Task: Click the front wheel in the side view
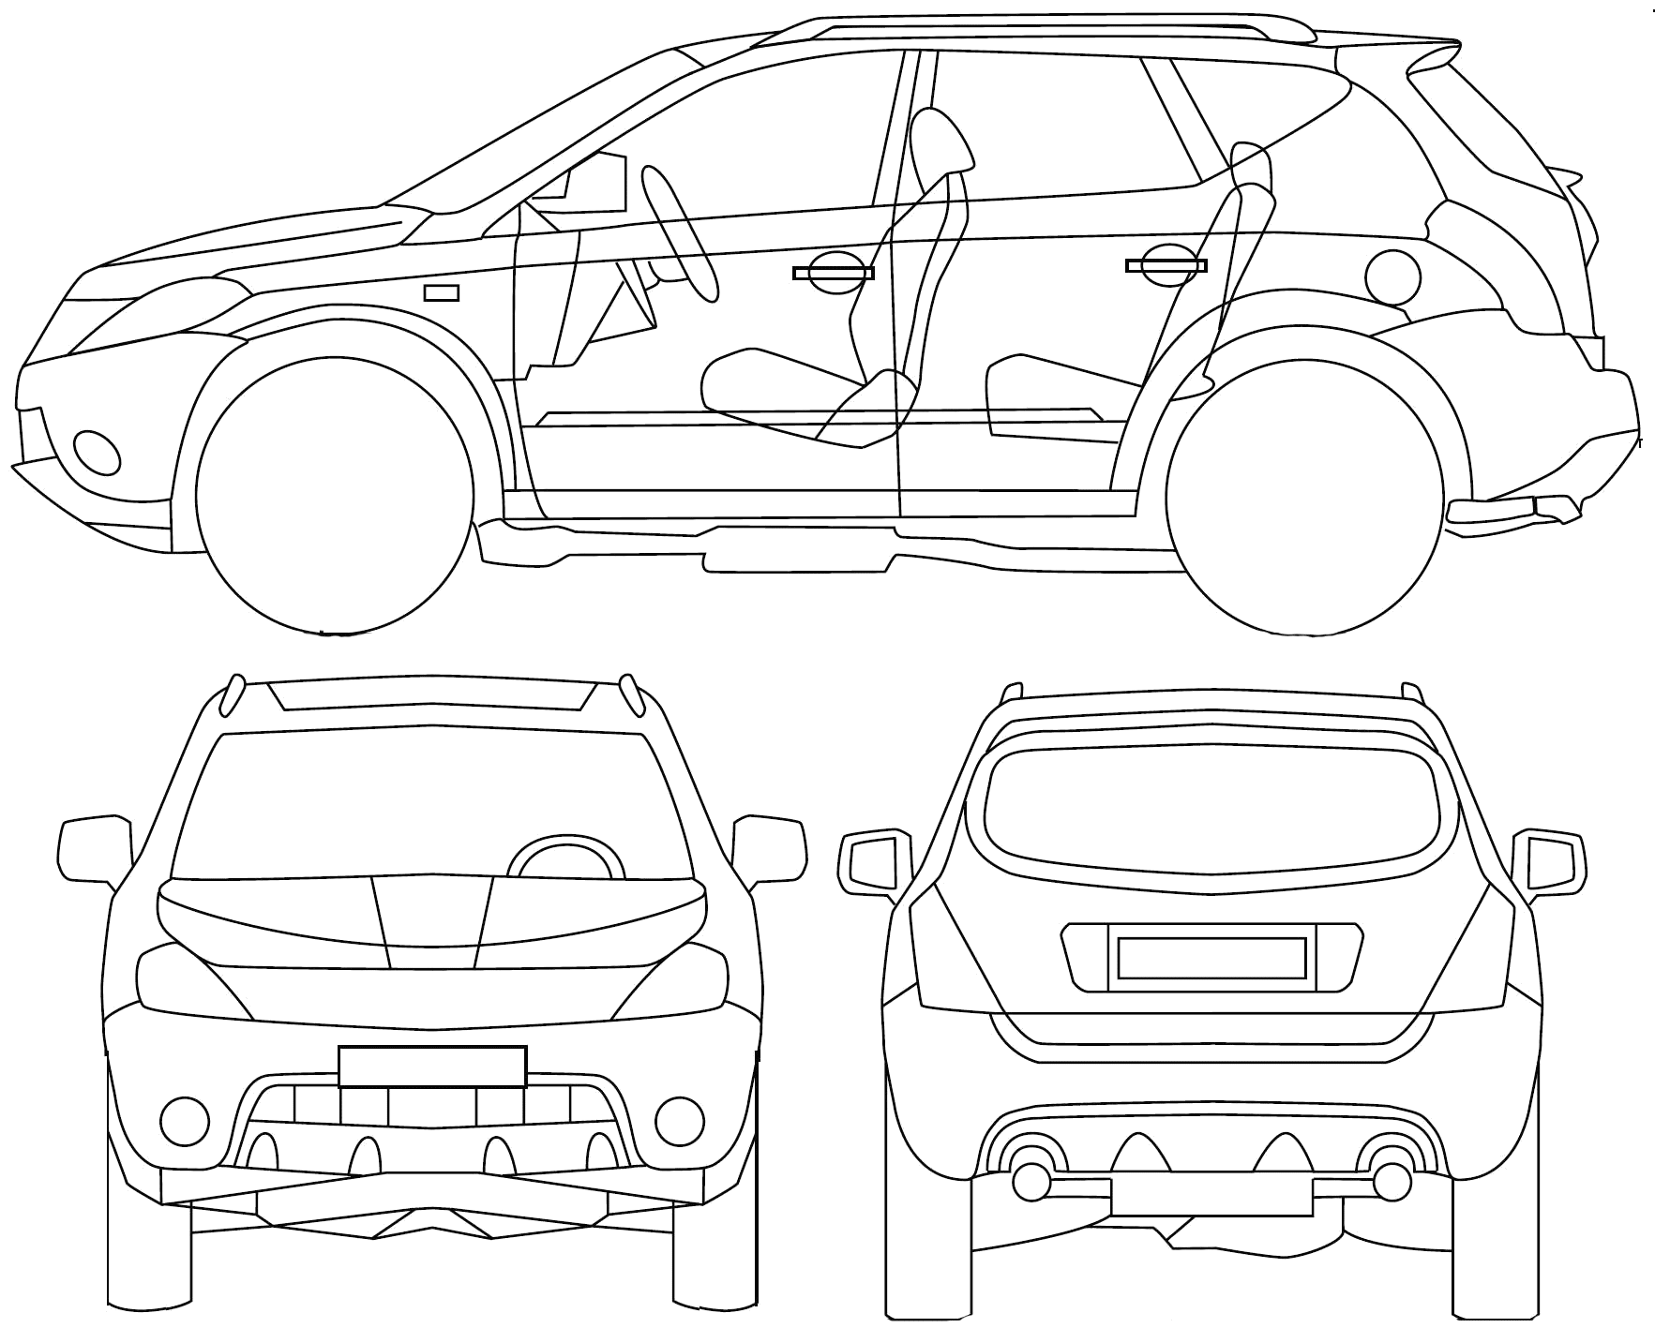pos(335,495)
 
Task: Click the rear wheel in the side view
pos(1304,495)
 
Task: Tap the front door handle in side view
pos(833,273)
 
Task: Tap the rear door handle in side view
pos(1166,266)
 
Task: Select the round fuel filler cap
pos(1393,276)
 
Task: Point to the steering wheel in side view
pos(680,233)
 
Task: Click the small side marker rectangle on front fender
pos(442,293)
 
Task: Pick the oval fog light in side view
pos(97,453)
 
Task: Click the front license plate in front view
pos(432,1067)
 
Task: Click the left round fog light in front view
pos(185,1118)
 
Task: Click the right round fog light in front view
pos(679,1118)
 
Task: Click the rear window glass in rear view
pos(1210,811)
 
